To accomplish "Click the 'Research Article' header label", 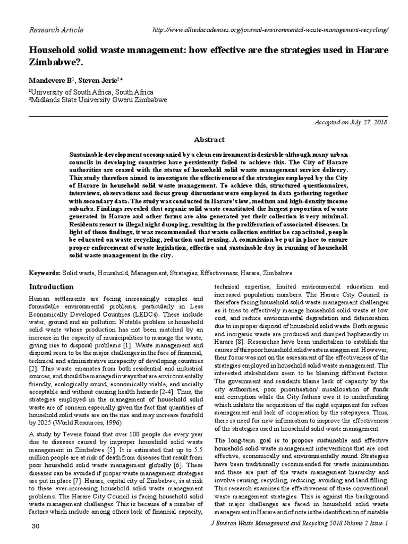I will pos(56,30).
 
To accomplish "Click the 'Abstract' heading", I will pos(209,140).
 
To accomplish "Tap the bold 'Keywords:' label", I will pos(45,272).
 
